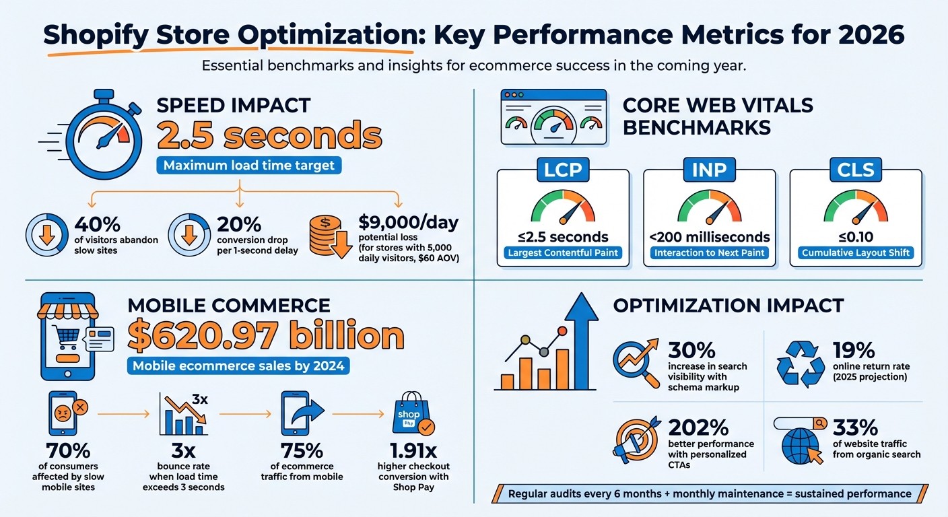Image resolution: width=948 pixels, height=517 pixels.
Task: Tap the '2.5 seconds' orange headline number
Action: click(269, 136)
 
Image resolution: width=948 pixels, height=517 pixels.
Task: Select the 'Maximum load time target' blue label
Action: click(248, 165)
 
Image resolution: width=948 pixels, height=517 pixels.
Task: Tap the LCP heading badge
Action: click(562, 170)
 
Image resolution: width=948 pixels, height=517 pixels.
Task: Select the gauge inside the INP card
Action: click(709, 207)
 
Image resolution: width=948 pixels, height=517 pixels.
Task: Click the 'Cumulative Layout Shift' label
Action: click(855, 253)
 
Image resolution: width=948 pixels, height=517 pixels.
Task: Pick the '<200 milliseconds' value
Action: click(709, 236)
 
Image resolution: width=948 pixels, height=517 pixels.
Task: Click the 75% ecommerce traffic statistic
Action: click(301, 451)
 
